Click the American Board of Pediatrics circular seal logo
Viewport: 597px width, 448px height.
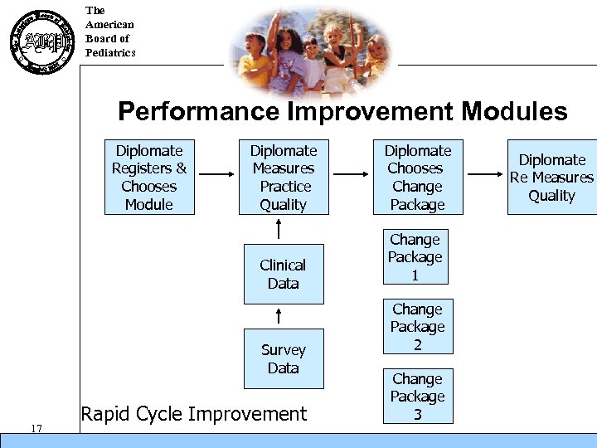[x=40, y=41]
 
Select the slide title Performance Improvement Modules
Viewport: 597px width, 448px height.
[x=342, y=111]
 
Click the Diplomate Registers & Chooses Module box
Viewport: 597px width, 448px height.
[x=149, y=177]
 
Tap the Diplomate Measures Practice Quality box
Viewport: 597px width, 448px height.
[x=284, y=177]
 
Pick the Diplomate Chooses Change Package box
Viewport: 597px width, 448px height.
[x=417, y=177]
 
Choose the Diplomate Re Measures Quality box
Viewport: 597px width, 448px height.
[x=552, y=178]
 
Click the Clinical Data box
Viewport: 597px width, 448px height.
[x=283, y=274]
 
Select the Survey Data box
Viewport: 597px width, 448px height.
[x=283, y=358]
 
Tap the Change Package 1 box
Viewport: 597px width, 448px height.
[x=415, y=257]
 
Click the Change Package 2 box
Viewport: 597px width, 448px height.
[x=417, y=327]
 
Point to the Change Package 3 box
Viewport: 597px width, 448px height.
[x=417, y=396]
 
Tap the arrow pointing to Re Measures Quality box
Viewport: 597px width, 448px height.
[x=484, y=174]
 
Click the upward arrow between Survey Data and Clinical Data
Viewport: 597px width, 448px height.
[x=279, y=315]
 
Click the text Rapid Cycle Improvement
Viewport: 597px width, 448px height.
[x=193, y=413]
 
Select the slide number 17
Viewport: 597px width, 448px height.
[x=36, y=428]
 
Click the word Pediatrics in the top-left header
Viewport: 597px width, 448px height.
[x=110, y=53]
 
